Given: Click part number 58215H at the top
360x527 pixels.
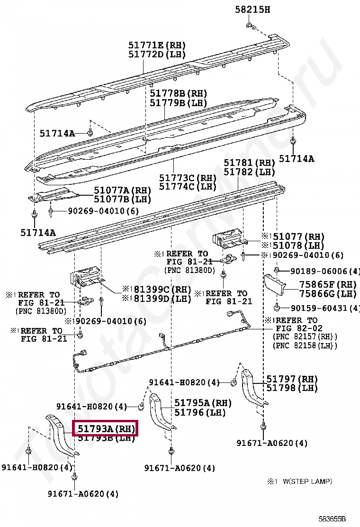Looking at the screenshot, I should (x=252, y=9).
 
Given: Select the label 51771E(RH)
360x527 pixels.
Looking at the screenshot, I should (x=157, y=45).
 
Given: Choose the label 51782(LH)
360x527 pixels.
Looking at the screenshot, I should (x=249, y=172).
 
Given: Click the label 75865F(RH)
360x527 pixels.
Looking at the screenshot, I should (x=327, y=285).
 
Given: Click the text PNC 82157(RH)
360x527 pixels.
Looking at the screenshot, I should (x=305, y=336).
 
